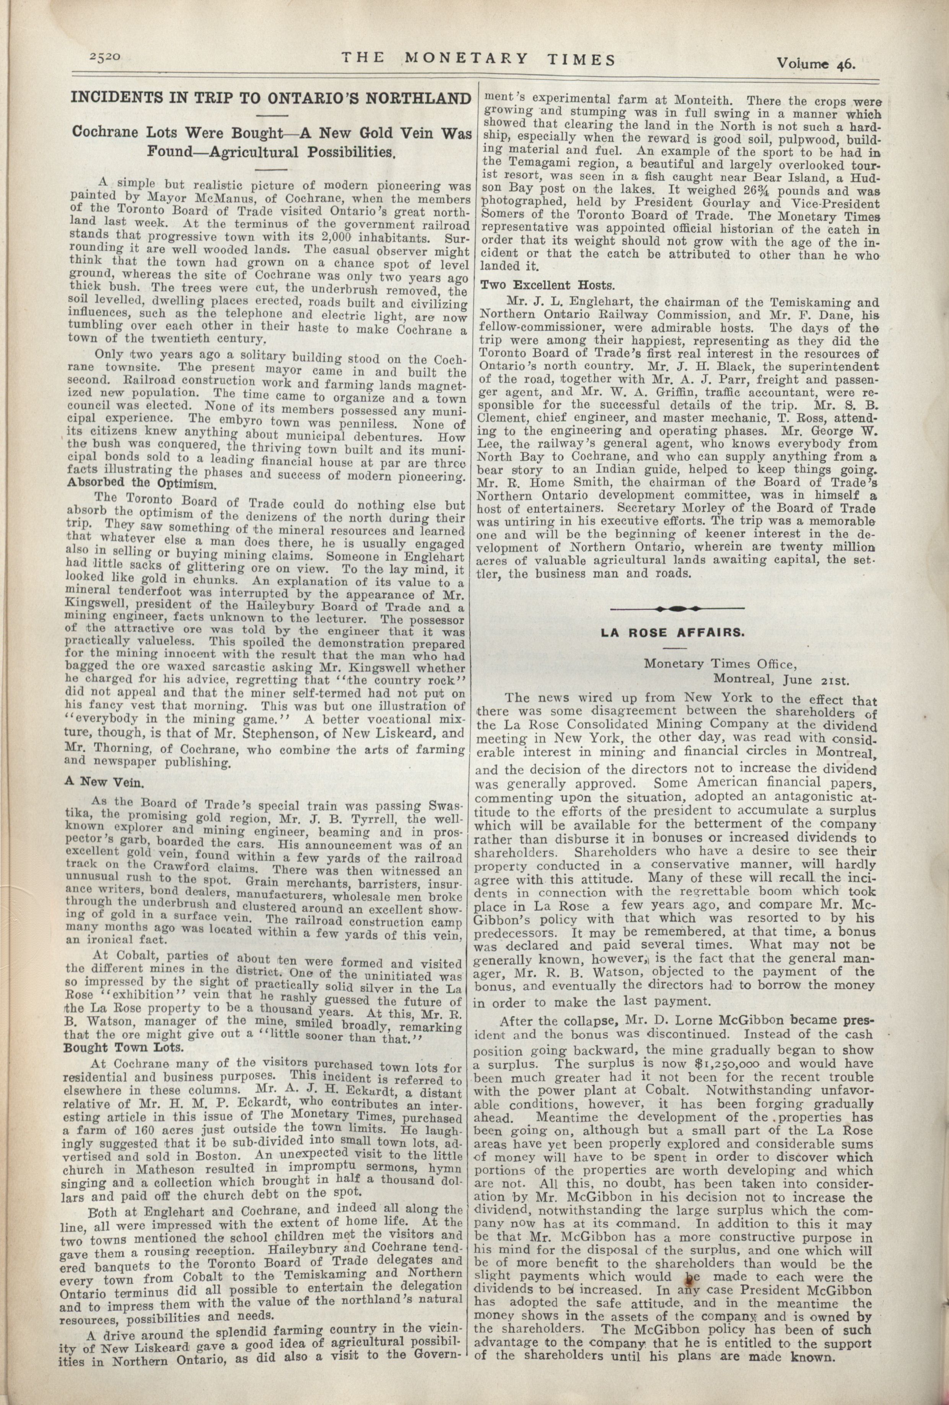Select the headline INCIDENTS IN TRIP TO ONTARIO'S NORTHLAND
tap(270, 98)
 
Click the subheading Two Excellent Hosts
tap(546, 284)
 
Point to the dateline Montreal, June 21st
tap(781, 678)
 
